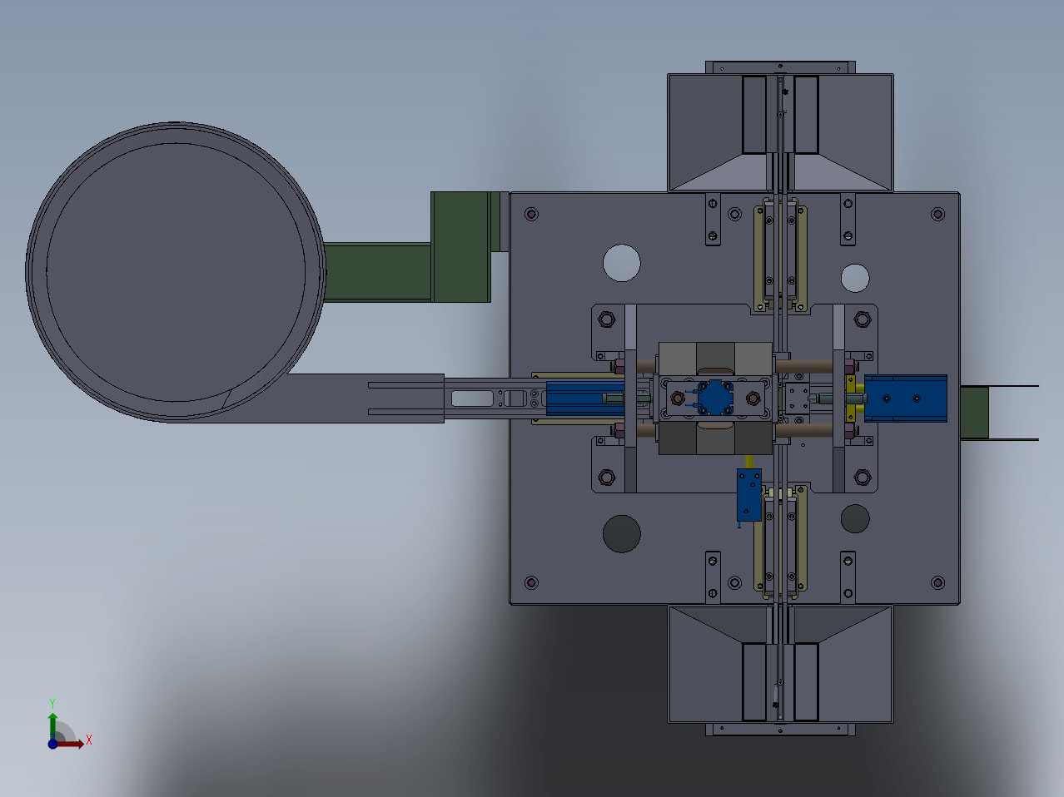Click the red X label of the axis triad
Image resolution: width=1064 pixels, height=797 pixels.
click(x=89, y=740)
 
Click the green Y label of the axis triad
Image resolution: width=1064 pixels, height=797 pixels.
click(x=52, y=704)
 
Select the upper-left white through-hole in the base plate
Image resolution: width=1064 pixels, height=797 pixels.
click(x=621, y=263)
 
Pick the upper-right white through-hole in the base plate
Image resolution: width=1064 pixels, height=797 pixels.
click(x=855, y=278)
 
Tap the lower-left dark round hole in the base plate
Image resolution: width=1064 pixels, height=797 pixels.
click(x=621, y=533)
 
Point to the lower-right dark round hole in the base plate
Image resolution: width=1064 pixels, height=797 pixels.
click(x=855, y=518)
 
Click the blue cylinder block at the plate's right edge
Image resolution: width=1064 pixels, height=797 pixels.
click(x=906, y=398)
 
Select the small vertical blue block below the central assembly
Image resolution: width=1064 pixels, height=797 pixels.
click(x=749, y=495)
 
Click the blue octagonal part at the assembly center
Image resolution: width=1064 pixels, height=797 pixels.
click(x=715, y=398)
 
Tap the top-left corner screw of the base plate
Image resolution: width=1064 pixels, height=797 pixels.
click(x=531, y=214)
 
